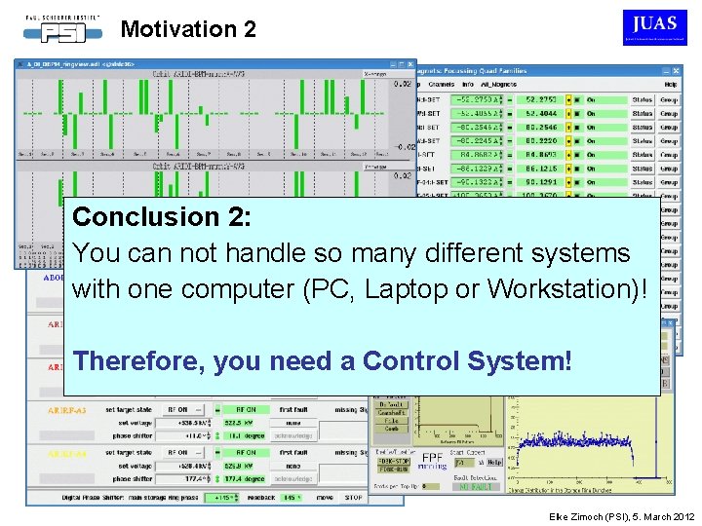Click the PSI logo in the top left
(62, 27)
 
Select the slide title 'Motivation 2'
(188, 29)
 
